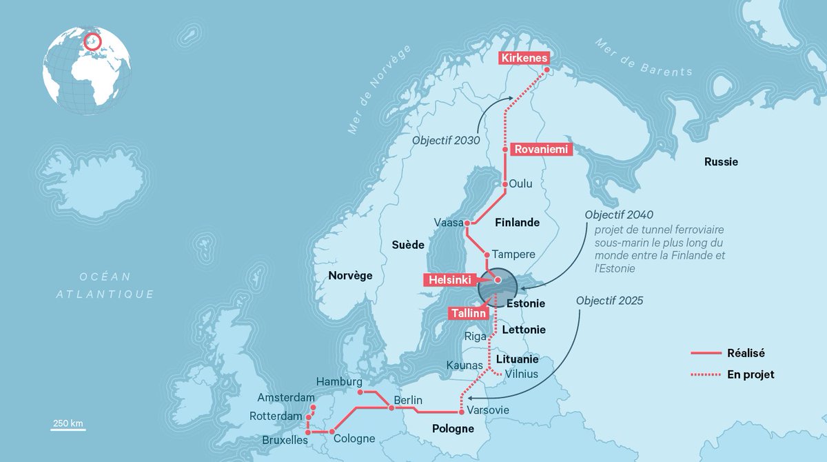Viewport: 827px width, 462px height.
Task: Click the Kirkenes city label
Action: point(524,59)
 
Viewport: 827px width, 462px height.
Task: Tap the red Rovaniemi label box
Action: point(542,148)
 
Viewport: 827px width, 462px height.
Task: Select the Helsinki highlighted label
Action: point(450,280)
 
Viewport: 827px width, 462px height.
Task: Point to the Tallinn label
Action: point(470,313)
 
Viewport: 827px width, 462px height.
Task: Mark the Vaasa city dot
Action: point(467,223)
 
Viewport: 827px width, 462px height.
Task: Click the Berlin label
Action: point(408,401)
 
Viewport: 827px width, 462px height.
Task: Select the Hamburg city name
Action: point(339,381)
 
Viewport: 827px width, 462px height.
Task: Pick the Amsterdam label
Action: point(286,398)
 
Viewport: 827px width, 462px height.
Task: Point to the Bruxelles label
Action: point(285,439)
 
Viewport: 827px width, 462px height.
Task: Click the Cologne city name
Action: point(354,439)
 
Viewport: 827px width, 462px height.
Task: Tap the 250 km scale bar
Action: point(68,430)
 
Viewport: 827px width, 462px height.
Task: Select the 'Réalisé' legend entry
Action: point(746,353)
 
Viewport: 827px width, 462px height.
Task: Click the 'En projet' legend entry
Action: point(751,374)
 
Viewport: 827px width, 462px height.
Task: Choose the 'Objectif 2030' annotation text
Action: point(446,140)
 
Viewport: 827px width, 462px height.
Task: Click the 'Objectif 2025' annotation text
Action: point(609,301)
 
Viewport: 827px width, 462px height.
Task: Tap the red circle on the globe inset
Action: point(92,43)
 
